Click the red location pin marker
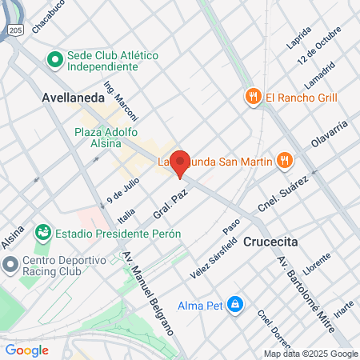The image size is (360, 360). (x=180, y=163)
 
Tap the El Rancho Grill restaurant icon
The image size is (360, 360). (x=254, y=97)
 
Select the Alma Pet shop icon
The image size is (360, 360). (x=234, y=304)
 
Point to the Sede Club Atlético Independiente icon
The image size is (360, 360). (x=54, y=59)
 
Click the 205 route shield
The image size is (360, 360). (x=16, y=29)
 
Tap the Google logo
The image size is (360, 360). (x=27, y=350)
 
